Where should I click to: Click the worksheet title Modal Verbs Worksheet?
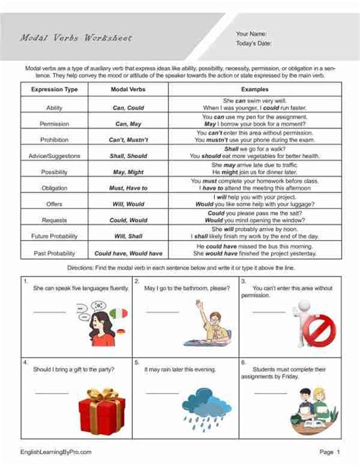tap(75, 38)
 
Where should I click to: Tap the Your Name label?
tap(251, 34)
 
